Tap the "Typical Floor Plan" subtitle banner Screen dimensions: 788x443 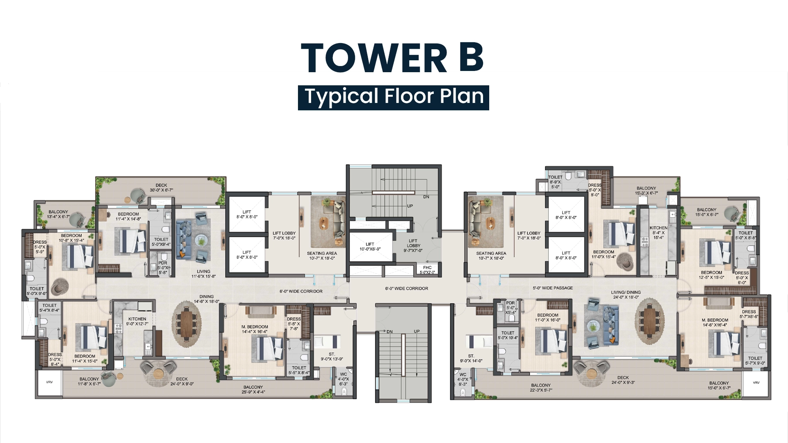pyautogui.click(x=394, y=97)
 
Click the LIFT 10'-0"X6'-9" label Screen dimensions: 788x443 pyautogui.click(x=370, y=247)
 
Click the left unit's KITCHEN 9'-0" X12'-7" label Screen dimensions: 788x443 pyautogui.click(x=137, y=321)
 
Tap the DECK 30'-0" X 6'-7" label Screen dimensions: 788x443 pyautogui.click(x=161, y=187)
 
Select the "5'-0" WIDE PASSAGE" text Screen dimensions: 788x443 pyautogui.click(x=553, y=288)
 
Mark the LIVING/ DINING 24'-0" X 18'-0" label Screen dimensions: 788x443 pyautogui.click(x=625, y=295)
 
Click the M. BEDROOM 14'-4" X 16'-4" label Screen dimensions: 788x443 pyautogui.click(x=254, y=329)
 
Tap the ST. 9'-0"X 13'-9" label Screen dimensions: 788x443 pyautogui.click(x=332, y=356)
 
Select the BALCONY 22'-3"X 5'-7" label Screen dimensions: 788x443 pyautogui.click(x=541, y=388)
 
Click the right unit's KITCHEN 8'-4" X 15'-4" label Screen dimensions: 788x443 pyautogui.click(x=658, y=233)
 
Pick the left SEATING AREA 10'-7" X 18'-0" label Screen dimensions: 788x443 pyautogui.click(x=322, y=256)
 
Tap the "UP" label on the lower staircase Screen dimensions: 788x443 pyautogui.click(x=417, y=331)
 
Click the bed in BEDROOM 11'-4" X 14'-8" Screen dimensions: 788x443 pyautogui.click(x=133, y=241)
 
